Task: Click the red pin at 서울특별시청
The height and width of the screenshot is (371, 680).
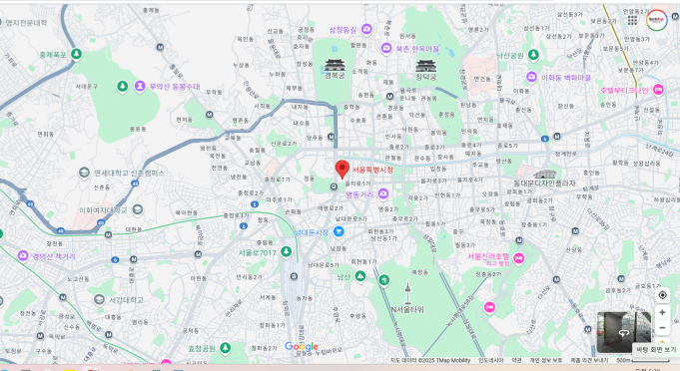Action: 341,169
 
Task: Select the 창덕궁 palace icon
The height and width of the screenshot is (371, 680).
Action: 425,65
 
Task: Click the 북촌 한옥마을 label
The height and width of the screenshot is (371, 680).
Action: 417,47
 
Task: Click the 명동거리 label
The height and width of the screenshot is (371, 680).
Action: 358,195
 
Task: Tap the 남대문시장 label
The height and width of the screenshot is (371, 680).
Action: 312,232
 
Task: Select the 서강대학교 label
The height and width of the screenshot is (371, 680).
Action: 126,299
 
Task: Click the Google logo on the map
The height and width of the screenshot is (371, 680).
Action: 302,346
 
